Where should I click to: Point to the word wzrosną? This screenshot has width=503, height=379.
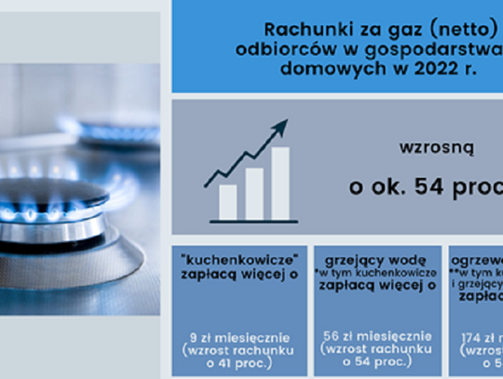tap(424, 147)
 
